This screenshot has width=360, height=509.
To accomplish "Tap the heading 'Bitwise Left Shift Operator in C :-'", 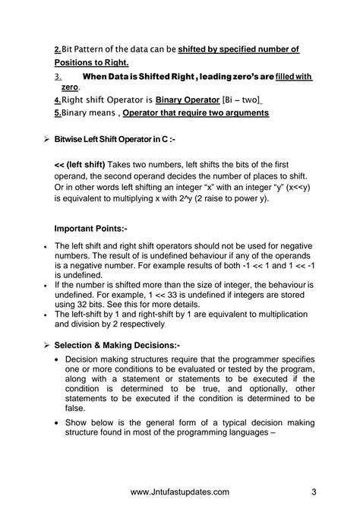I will pos(115,140).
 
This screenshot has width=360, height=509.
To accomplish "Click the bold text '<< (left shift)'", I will pos(81,164).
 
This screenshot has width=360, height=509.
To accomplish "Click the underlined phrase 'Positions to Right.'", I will pos(91,62).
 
